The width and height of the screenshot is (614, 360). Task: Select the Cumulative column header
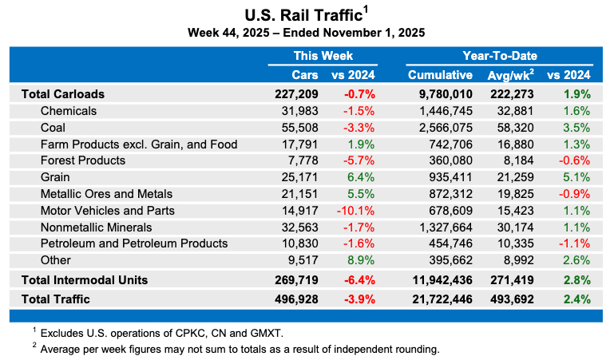[440, 75]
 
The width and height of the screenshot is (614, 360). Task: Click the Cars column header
[305, 75]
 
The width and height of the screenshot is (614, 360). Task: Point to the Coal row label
[53, 127]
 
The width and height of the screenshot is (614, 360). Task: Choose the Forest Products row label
[83, 160]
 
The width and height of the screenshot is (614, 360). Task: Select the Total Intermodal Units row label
[85, 280]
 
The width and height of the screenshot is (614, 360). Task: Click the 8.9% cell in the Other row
[360, 260]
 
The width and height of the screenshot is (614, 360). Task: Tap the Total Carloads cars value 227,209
[296, 93]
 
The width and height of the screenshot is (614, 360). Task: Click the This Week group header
[323, 56]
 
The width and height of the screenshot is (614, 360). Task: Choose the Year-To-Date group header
[499, 56]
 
